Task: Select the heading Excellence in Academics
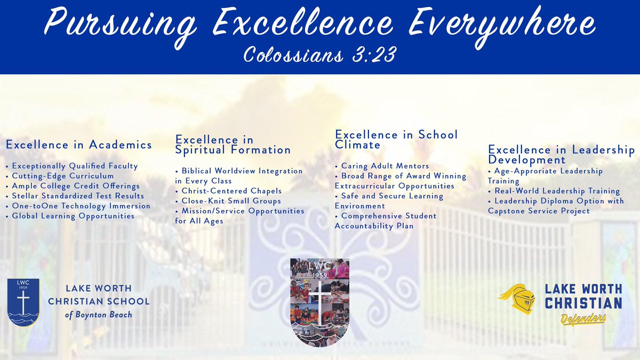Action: tap(78, 145)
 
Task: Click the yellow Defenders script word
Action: tap(583, 319)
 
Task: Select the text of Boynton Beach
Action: tap(99, 314)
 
